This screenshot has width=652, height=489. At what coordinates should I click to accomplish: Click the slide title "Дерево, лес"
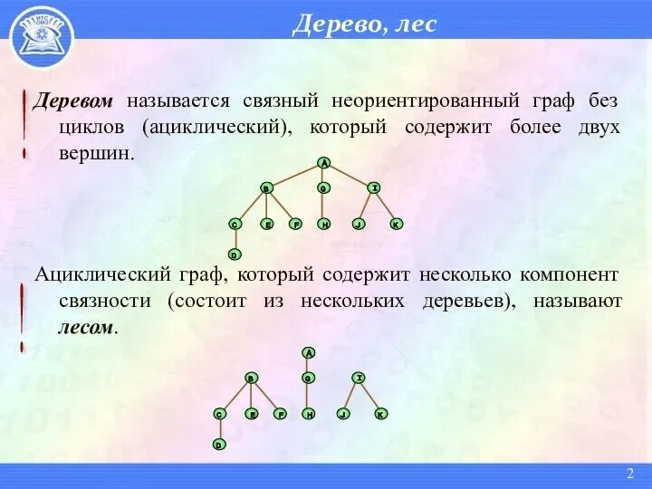tap(364, 24)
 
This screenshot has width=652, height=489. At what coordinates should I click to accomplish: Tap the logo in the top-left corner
tap(42, 37)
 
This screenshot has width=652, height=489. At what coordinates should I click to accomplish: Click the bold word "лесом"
tap(86, 327)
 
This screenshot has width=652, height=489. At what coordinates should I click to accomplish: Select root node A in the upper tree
tap(323, 163)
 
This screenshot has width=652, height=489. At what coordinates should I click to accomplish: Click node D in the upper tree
tap(234, 254)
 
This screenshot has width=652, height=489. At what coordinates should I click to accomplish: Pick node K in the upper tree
tap(396, 224)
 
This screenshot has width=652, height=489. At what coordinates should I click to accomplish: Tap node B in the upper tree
tap(266, 188)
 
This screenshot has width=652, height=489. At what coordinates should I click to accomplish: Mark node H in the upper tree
tap(323, 224)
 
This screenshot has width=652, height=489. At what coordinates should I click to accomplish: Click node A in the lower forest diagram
tap(308, 352)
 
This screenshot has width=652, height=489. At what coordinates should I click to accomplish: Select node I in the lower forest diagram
tap(359, 377)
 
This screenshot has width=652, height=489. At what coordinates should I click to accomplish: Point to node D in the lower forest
tap(218, 445)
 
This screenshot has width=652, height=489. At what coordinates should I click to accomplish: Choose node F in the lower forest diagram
tap(281, 414)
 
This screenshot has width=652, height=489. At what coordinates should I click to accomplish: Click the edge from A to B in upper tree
tap(294, 176)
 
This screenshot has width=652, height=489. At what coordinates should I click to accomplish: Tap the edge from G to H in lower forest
tap(308, 396)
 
